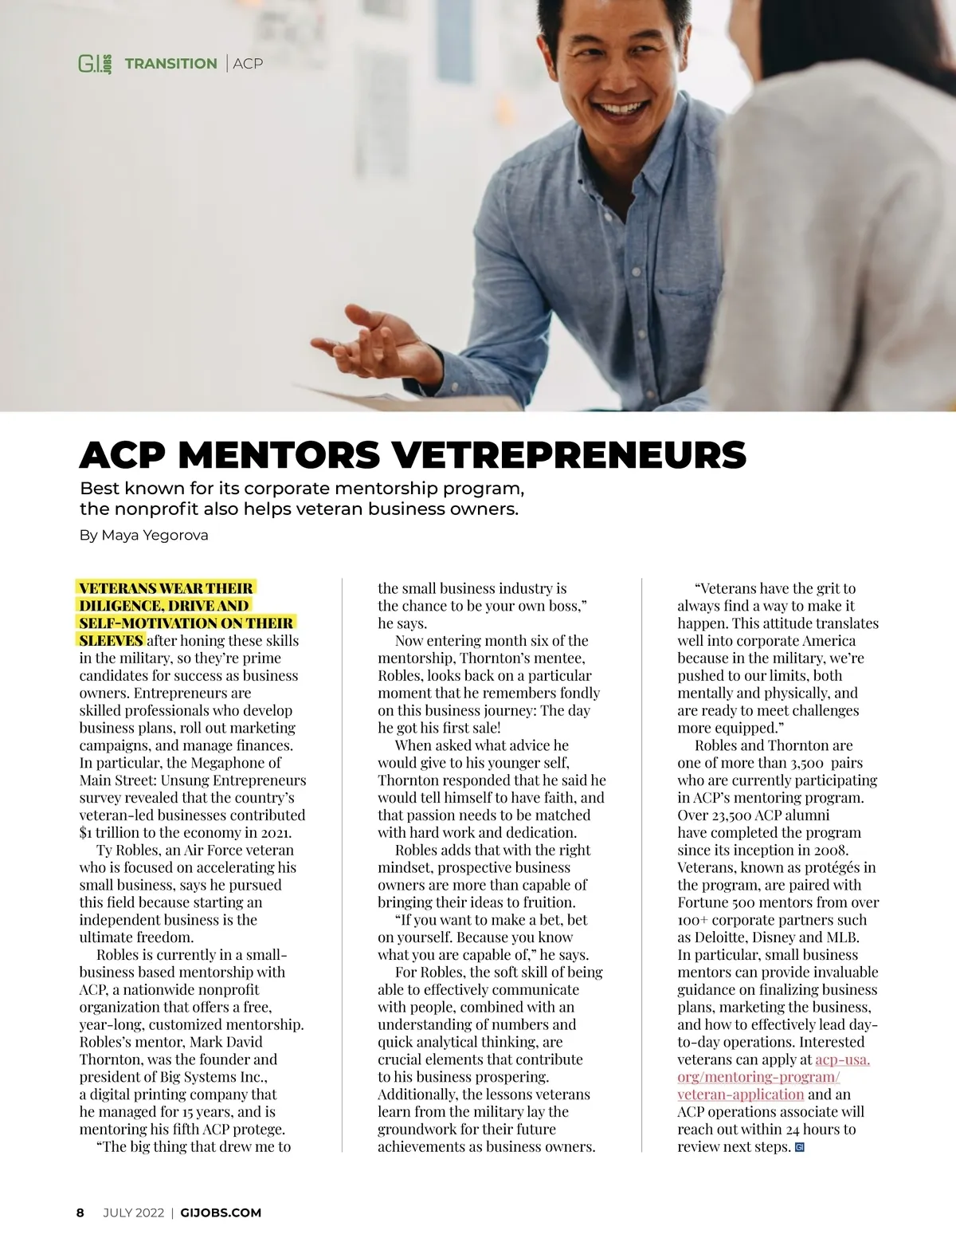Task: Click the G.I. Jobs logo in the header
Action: coord(95,64)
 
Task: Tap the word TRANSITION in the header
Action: coord(170,64)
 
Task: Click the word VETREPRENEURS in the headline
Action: coord(570,455)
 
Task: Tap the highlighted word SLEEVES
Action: coord(111,640)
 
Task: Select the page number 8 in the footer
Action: coord(80,1213)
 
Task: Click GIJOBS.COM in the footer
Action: coord(221,1213)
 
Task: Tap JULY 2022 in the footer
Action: coord(133,1213)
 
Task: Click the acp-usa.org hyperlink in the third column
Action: coord(758,1077)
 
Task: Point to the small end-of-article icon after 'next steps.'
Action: coord(800,1147)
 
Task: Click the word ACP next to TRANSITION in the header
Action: coord(248,64)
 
